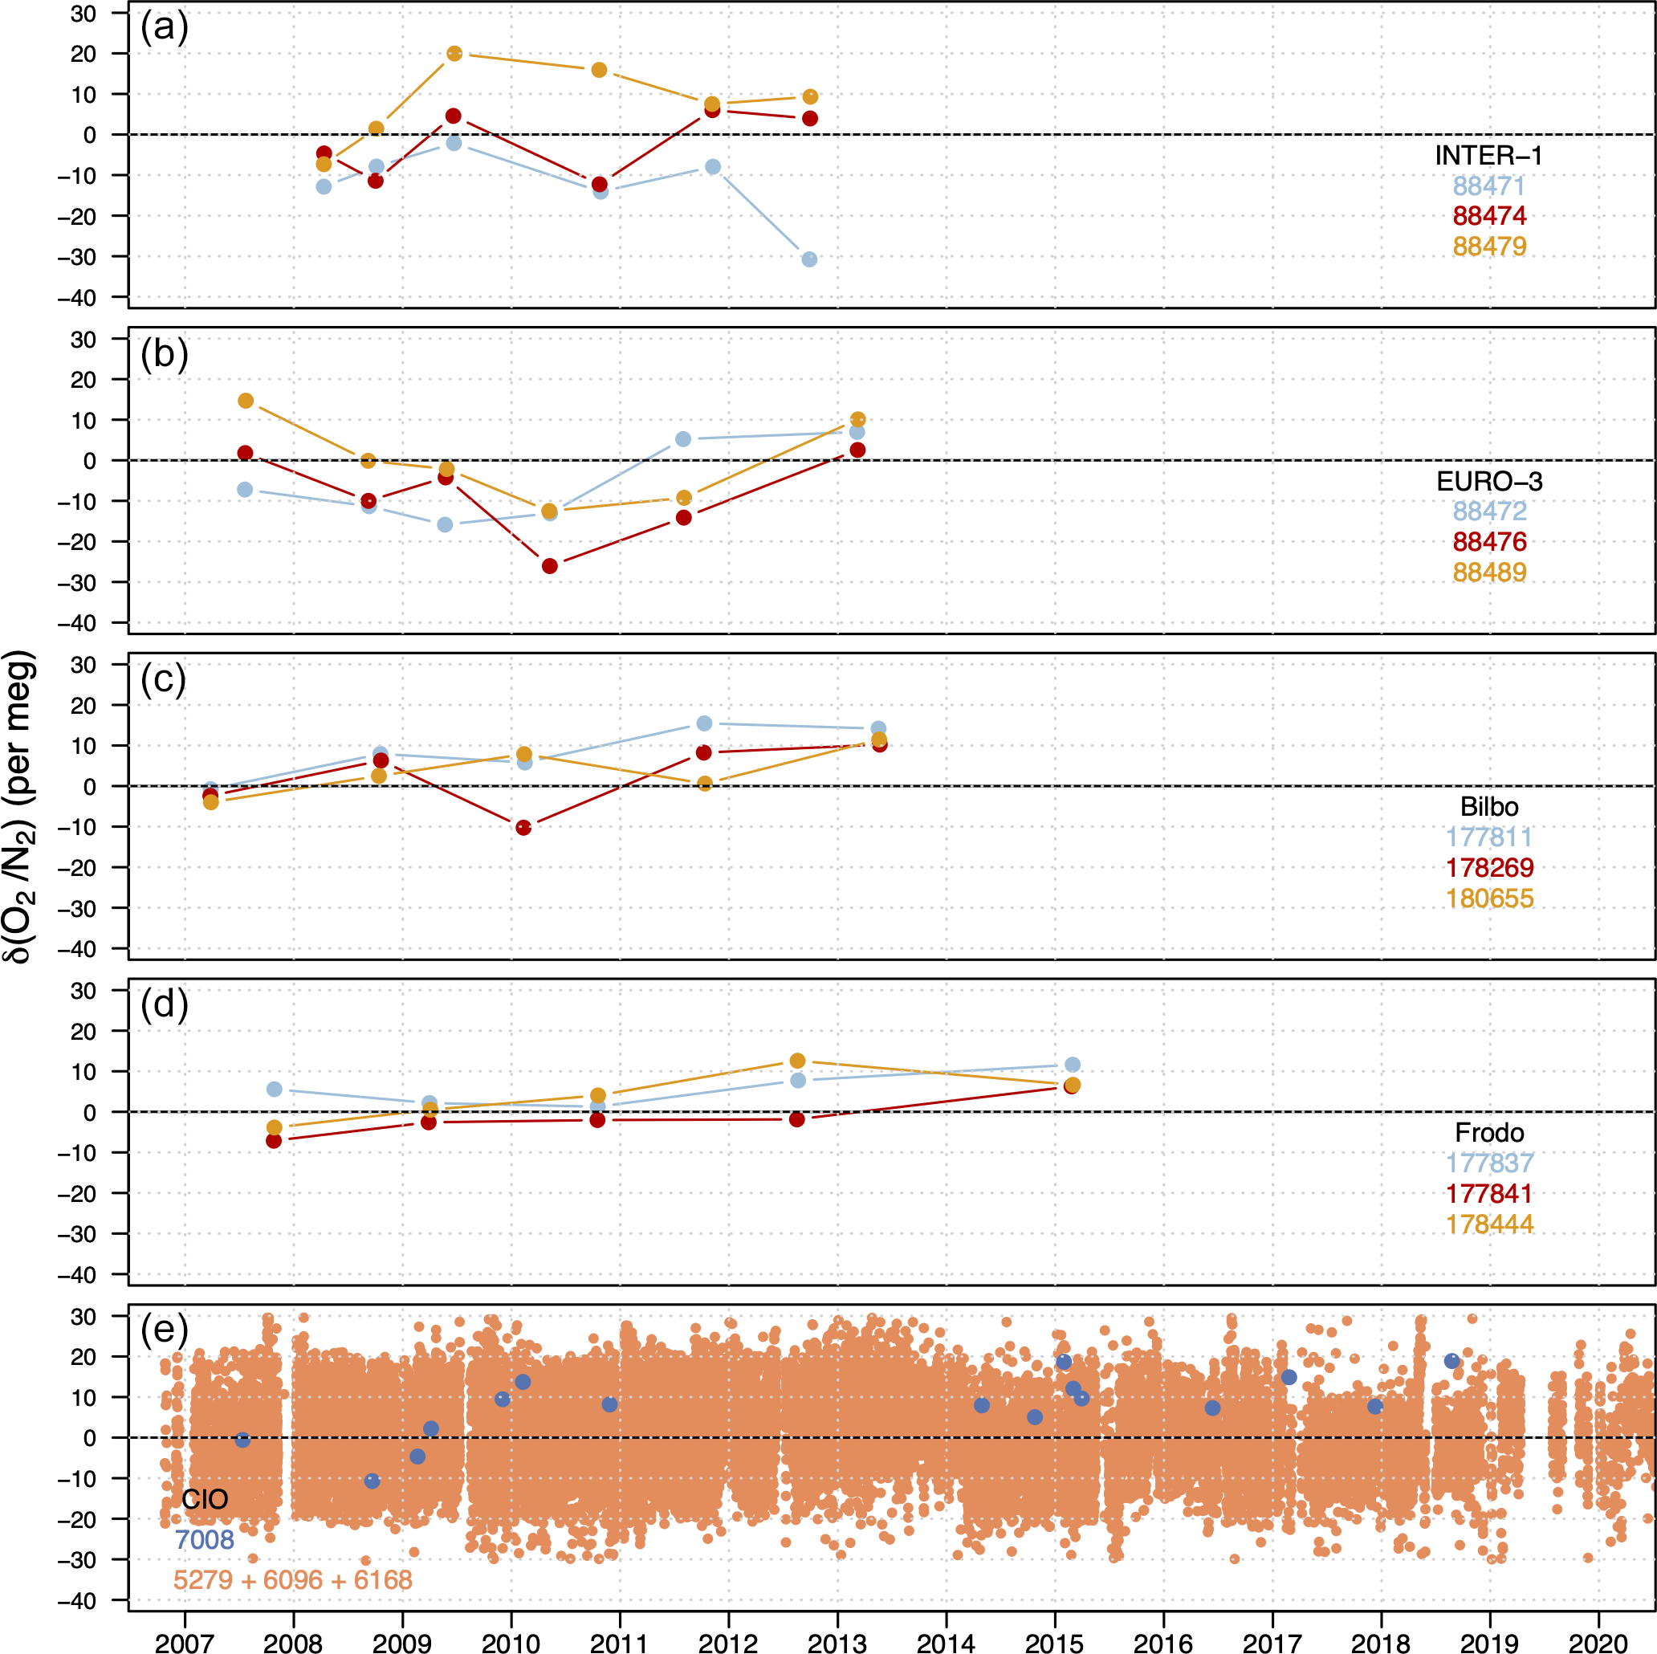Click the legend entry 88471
1489,186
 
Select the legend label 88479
1489,246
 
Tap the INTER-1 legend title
1488,155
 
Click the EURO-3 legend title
1489,481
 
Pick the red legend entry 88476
1489,541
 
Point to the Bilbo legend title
1489,806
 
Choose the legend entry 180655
1489,898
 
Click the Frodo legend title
1489,1132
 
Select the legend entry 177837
1489,1163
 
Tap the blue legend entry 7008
204,1539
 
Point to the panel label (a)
164,27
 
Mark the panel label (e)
164,1330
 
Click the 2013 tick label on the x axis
837,1642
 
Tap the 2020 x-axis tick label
1598,1642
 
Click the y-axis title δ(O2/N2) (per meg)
19,806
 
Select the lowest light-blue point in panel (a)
808,259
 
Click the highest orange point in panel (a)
454,54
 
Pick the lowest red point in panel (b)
550,566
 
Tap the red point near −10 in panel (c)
523,828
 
